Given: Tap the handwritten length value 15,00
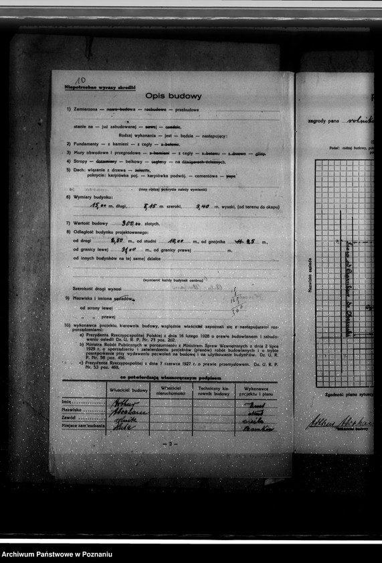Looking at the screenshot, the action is [100, 207].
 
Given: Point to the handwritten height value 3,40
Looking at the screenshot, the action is [203, 207].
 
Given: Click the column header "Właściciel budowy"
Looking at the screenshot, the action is [128, 389].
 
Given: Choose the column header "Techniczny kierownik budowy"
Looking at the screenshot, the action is [213, 391].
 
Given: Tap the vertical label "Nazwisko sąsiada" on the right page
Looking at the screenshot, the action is [310, 276].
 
